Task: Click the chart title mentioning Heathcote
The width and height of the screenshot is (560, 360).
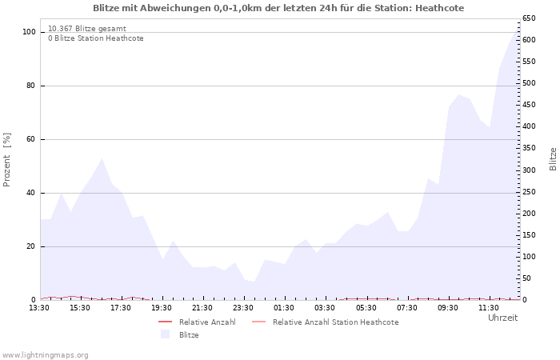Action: pos(278,8)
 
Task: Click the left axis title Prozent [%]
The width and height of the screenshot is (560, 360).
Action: pos(7,159)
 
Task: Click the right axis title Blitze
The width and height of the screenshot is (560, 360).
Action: pos(553,158)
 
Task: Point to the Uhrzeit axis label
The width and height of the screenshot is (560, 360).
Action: pos(502,318)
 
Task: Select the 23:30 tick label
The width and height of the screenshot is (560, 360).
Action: pos(243,308)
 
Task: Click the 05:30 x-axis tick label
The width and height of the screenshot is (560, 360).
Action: pos(366,308)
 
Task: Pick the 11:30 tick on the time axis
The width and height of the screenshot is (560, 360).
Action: pos(488,308)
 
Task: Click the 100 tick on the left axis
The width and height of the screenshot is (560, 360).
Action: pos(29,32)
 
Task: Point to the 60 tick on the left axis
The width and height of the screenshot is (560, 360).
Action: pos(31,139)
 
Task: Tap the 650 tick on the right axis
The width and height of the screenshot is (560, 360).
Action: pos(528,18)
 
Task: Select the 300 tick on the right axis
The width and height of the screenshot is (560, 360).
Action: pos(528,170)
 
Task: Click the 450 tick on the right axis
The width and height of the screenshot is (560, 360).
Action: pos(528,105)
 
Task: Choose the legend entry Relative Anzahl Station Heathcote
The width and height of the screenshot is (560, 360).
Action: pos(335,322)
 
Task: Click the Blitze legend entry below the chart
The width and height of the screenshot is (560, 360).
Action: pos(189,335)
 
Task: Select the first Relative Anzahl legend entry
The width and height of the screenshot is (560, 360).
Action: pos(206,322)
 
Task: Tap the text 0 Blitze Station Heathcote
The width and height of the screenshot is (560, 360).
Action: pos(95,38)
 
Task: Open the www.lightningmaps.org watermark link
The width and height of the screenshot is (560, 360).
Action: pos(45,355)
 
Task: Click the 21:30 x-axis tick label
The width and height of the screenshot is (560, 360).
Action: pos(202,308)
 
